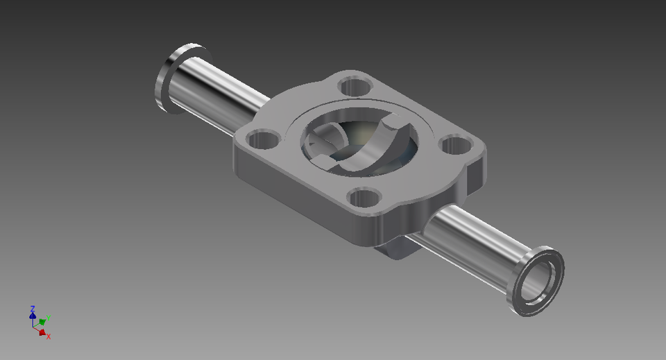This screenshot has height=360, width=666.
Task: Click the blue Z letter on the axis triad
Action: tap(33, 307)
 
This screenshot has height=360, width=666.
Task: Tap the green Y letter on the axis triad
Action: tap(48, 319)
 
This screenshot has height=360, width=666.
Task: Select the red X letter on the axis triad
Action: tap(49, 336)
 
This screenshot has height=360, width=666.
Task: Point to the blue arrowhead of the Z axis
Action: tap(33, 316)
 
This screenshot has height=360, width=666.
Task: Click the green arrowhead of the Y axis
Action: tap(42, 322)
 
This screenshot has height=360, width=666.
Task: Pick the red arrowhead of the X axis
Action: tap(42, 332)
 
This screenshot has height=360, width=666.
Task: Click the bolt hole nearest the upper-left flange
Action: tap(356, 87)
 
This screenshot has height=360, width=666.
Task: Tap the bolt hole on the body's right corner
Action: tap(456, 146)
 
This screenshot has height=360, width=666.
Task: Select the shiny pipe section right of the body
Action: tap(472, 236)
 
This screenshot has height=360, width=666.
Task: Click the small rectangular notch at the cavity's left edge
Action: tap(324, 161)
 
